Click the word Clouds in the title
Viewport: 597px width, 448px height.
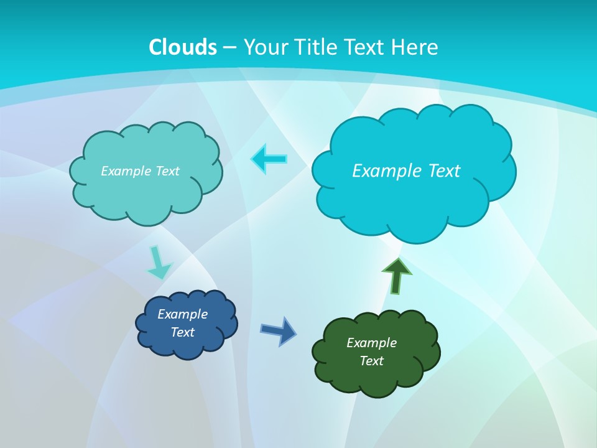pos(183,47)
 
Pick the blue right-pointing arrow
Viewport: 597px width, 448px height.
pos(279,330)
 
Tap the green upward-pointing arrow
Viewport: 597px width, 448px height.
pos(396,276)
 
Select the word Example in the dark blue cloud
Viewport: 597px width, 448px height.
pos(183,314)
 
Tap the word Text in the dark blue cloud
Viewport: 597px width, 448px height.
pos(183,332)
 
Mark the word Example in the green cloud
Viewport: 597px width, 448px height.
pos(371,343)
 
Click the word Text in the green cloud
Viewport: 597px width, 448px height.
pos(371,361)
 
